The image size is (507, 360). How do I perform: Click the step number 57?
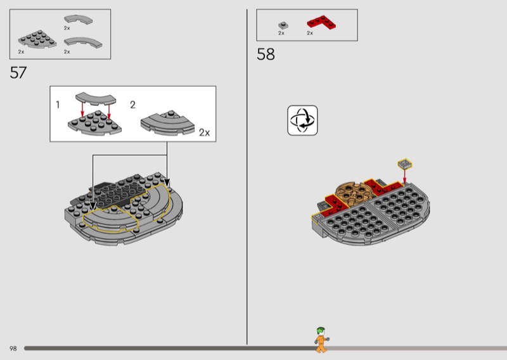[x=18, y=72]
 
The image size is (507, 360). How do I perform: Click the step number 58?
[x=266, y=54]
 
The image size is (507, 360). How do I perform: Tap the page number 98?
[x=13, y=349]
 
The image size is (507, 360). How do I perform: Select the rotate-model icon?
[x=302, y=120]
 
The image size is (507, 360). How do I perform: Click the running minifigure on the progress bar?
[x=321, y=340]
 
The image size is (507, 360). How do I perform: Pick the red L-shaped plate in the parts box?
[x=321, y=22]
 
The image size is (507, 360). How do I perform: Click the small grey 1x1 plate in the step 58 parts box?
[x=283, y=25]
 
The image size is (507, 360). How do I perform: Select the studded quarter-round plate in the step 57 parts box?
[x=37, y=39]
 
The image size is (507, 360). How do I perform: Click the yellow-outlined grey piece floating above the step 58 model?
[x=405, y=164]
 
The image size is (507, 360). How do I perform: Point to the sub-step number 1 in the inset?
[x=58, y=105]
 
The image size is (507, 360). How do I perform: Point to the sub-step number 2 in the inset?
[x=132, y=105]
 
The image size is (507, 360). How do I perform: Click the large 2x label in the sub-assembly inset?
[x=204, y=132]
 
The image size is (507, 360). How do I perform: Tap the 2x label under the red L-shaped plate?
[x=310, y=33]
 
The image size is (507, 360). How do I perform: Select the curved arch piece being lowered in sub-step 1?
[x=96, y=99]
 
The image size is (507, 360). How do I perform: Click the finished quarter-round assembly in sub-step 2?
[x=167, y=123]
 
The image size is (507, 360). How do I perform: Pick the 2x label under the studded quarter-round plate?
[x=21, y=52]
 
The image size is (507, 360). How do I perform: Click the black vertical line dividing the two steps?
[x=247, y=177]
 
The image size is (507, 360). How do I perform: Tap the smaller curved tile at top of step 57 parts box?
[x=78, y=20]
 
